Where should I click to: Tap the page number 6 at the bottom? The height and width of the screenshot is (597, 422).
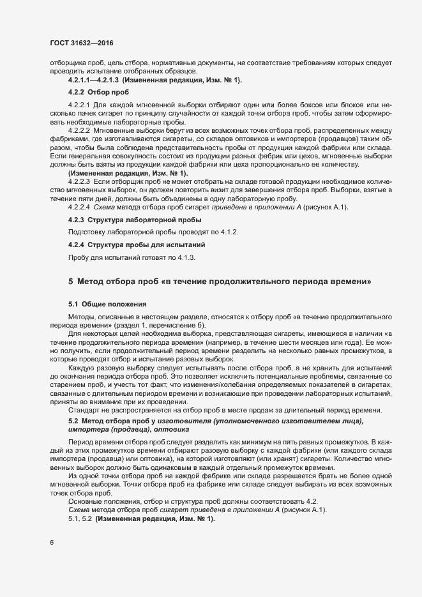[x=51, y=543]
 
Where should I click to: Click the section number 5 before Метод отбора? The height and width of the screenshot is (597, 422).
[x=71, y=282]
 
